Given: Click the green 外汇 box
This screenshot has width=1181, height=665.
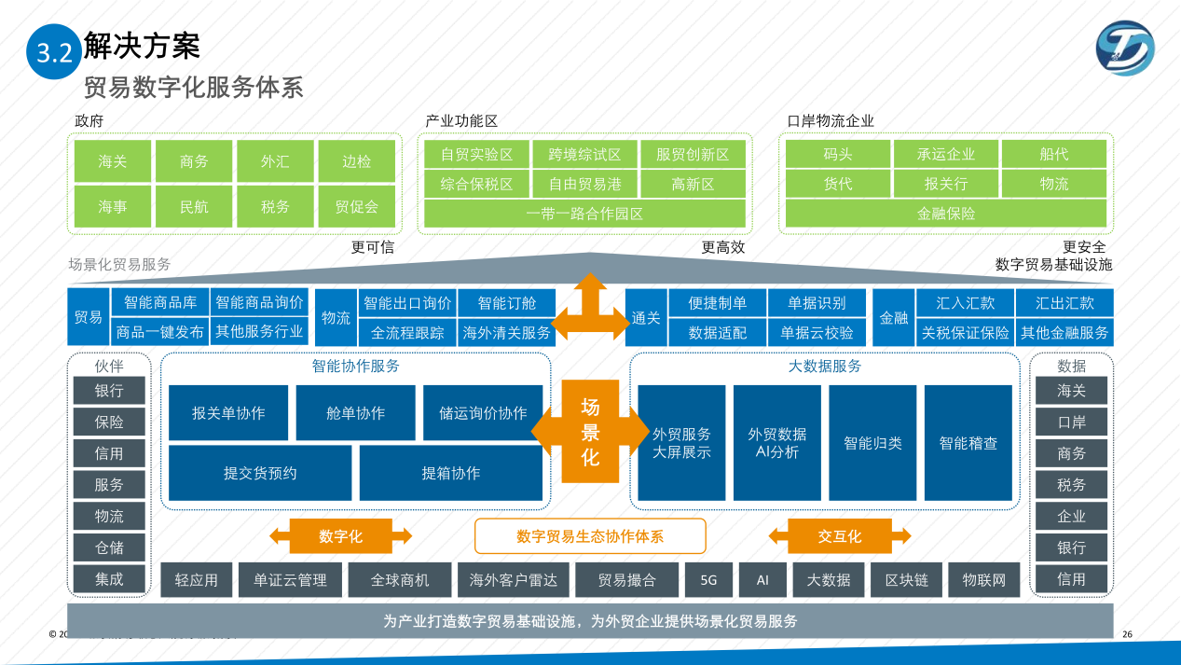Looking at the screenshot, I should [x=275, y=161].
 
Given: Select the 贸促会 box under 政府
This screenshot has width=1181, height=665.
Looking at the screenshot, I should [x=356, y=207].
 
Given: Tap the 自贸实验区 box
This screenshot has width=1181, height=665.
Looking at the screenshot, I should [x=476, y=154].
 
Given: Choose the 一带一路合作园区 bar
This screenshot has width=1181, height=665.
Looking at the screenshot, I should [x=584, y=214].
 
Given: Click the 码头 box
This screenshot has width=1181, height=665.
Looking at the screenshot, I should [x=837, y=154].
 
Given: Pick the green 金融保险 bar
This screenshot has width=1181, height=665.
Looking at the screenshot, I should [x=945, y=214].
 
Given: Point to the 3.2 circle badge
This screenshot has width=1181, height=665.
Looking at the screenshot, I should [x=54, y=52].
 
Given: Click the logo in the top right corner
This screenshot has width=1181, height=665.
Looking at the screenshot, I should [x=1124, y=49].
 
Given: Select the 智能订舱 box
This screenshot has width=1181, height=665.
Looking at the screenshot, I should [x=506, y=303].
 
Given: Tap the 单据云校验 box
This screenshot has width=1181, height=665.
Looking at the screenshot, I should [x=817, y=332].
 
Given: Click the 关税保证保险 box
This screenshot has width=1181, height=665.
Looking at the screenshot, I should [x=965, y=332].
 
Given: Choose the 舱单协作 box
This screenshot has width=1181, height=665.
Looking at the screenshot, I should [x=355, y=412].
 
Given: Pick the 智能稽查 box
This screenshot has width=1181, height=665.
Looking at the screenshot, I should [x=968, y=443].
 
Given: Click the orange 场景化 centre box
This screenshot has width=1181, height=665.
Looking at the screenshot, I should [x=590, y=432].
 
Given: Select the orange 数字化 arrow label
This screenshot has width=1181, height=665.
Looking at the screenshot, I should [x=340, y=536].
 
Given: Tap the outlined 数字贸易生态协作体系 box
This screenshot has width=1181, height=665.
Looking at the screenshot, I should [x=590, y=536].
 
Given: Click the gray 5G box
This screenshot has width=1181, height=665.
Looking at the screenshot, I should [x=708, y=579].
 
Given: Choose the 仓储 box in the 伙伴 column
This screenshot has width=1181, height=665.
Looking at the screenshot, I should [x=109, y=547].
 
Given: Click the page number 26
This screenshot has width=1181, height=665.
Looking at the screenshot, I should [x=1127, y=634].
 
